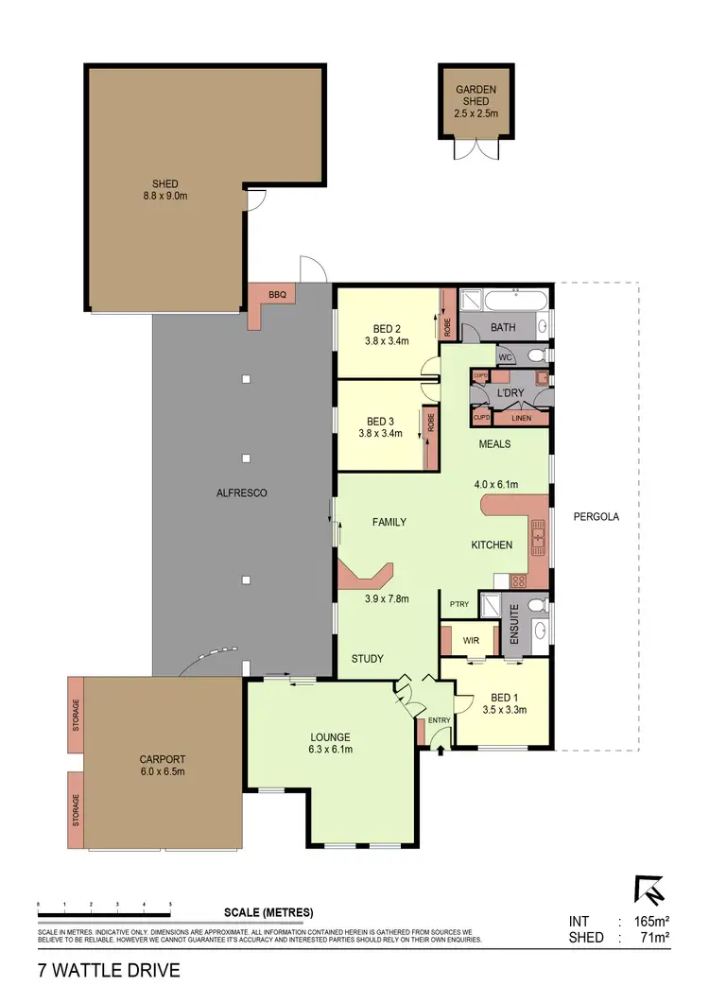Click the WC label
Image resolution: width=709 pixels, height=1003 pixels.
click(504, 356)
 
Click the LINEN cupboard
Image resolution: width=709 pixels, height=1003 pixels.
click(521, 418)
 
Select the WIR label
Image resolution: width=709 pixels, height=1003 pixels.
click(470, 640)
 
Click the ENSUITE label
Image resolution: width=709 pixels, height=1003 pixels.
click(514, 625)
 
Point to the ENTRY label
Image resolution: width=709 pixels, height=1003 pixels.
click(439, 720)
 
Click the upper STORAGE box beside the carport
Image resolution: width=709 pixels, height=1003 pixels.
click(77, 715)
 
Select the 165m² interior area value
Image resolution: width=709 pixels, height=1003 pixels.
click(651, 921)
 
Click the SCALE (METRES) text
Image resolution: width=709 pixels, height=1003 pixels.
click(268, 912)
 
